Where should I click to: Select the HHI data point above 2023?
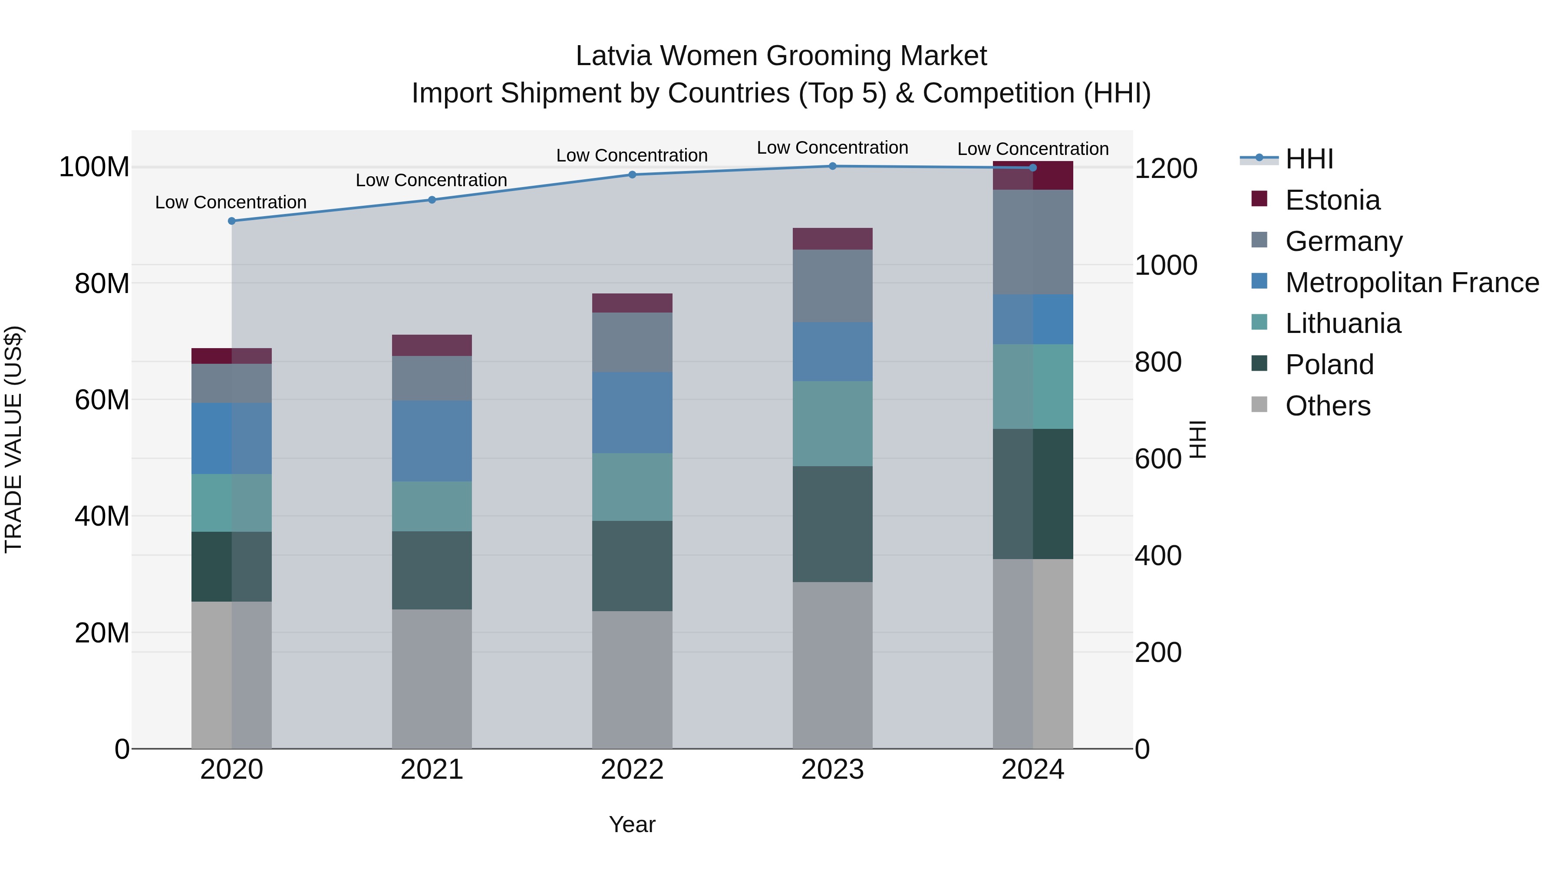coord(832,166)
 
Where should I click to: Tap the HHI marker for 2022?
coord(632,174)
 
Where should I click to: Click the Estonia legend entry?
coord(1332,200)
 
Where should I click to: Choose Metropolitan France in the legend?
coord(1411,283)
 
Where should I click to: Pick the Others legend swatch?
coord(1259,405)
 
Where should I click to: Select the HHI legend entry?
coord(1309,159)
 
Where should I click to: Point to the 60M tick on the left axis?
coord(102,400)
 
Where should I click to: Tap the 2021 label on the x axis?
coord(432,770)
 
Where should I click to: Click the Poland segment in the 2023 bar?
coord(832,524)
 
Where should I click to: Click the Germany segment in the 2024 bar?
coord(1033,242)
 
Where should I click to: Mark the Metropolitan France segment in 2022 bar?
coord(632,412)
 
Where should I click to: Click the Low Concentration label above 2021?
coord(432,181)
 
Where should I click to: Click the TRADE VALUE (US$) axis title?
coord(13,439)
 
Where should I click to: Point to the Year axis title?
coord(632,824)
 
